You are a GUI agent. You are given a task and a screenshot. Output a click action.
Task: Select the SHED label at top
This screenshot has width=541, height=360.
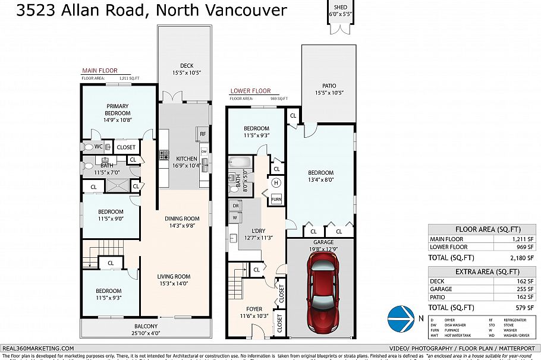[341, 8]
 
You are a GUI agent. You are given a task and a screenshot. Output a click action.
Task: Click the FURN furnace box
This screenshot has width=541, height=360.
[276, 200]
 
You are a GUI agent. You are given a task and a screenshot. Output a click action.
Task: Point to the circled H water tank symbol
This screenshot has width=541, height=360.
[276, 183]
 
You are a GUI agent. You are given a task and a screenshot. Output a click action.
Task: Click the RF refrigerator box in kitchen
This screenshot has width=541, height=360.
[203, 134]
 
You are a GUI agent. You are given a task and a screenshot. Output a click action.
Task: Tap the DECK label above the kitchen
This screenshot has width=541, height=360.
[187, 66]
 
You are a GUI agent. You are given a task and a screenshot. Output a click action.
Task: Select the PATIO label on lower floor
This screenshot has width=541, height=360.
[329, 86]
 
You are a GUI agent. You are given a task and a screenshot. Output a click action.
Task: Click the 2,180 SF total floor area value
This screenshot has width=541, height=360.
[523, 258]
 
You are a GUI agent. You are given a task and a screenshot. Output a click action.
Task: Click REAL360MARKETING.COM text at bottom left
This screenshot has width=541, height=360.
[38, 349]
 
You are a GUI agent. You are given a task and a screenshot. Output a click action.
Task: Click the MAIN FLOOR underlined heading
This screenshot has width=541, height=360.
[100, 70]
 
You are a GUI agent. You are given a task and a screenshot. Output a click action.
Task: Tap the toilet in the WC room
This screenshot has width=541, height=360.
[89, 147]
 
